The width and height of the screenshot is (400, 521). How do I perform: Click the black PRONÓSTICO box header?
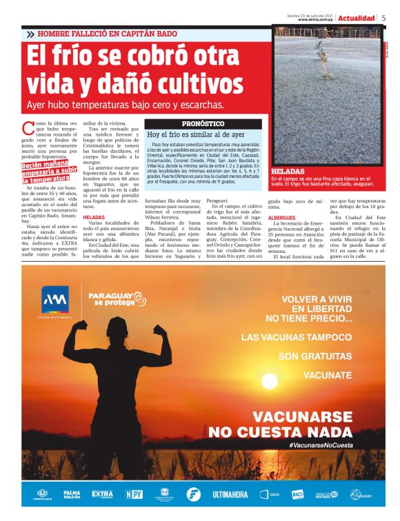click(x=203, y=124)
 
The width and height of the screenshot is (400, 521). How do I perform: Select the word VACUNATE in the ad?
click(x=328, y=376)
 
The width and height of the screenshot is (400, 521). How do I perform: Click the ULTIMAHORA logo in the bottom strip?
click(x=230, y=495)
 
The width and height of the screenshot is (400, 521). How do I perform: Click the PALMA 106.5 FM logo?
click(x=72, y=495)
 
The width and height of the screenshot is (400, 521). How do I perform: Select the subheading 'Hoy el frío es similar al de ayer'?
click(x=196, y=135)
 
